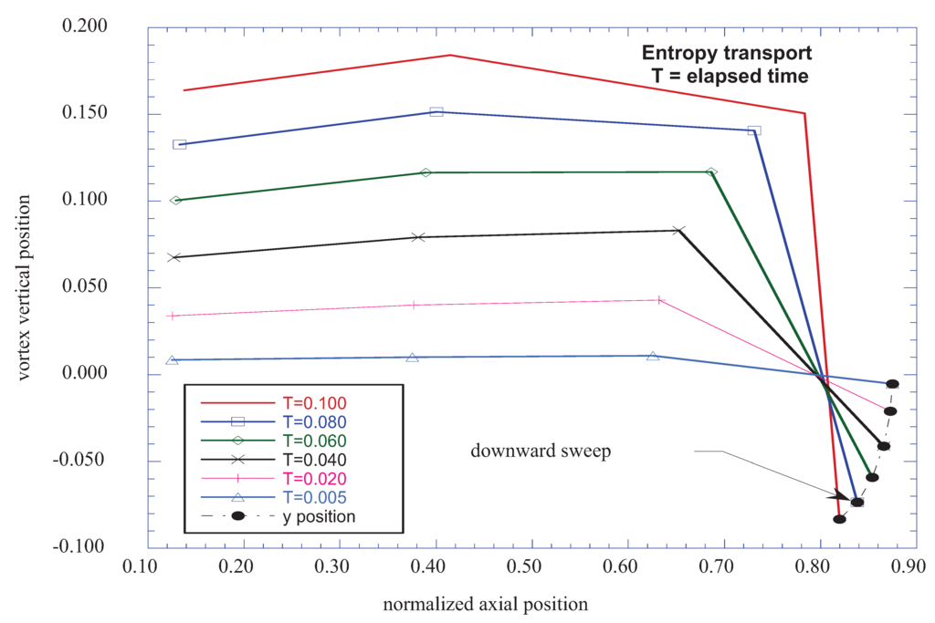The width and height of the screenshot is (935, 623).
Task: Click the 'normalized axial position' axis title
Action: click(x=485, y=604)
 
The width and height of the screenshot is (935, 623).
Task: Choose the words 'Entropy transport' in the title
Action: click(x=726, y=53)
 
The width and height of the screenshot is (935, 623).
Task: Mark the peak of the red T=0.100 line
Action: click(x=450, y=55)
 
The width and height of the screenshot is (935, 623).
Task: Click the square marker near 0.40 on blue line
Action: click(x=436, y=112)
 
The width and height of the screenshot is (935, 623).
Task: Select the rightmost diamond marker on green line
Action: click(x=711, y=171)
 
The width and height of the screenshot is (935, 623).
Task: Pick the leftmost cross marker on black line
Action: click(x=174, y=257)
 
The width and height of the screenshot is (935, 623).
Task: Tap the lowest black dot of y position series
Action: click(x=839, y=519)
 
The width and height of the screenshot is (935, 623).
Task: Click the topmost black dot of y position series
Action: click(x=892, y=384)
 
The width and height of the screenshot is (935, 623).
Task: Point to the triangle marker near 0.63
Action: click(x=653, y=356)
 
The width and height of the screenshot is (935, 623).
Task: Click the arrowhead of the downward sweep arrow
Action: click(x=846, y=498)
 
